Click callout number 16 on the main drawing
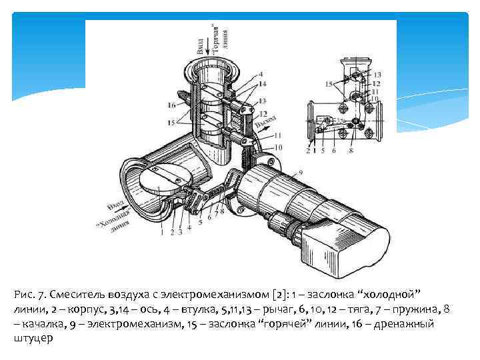pos(171,105)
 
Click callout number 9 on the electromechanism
pos(301,173)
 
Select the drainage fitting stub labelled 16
pos(186,100)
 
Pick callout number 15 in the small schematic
pos(329,84)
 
